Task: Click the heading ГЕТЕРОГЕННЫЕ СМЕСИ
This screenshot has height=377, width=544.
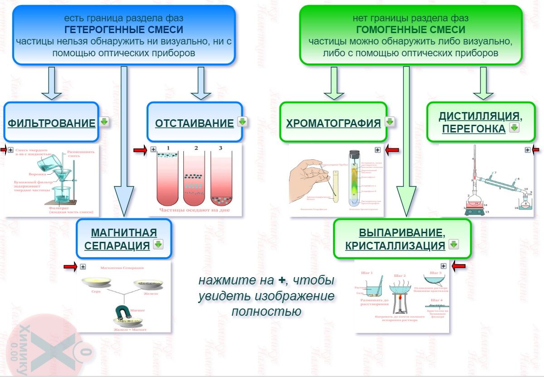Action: pos(124,30)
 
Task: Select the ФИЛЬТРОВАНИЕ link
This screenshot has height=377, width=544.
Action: pos(52,123)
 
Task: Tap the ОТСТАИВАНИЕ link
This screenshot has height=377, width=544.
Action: pos(194,123)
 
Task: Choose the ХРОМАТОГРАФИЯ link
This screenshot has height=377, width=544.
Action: pos(333,123)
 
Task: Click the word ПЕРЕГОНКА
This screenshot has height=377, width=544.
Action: pos(474,129)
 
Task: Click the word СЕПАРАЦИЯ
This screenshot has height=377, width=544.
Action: pos(117,245)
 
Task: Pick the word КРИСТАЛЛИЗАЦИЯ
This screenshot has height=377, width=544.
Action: pos(395,245)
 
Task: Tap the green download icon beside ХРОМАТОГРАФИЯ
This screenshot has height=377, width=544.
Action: pos(390,122)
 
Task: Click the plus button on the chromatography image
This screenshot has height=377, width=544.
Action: pos(377,150)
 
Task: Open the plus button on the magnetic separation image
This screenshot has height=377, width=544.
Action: pos(83,267)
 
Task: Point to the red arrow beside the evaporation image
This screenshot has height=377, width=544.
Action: pos(459,266)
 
